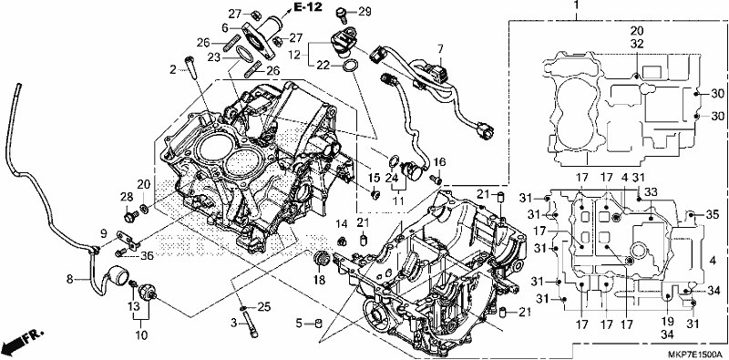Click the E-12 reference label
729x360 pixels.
(x=307, y=7)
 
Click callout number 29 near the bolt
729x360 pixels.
(x=365, y=13)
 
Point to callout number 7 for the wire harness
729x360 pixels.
(x=440, y=48)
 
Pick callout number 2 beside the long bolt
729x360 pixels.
(x=173, y=70)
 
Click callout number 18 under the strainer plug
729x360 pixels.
(x=319, y=280)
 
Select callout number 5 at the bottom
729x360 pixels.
(x=300, y=323)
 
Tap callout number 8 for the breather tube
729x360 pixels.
(x=70, y=280)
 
